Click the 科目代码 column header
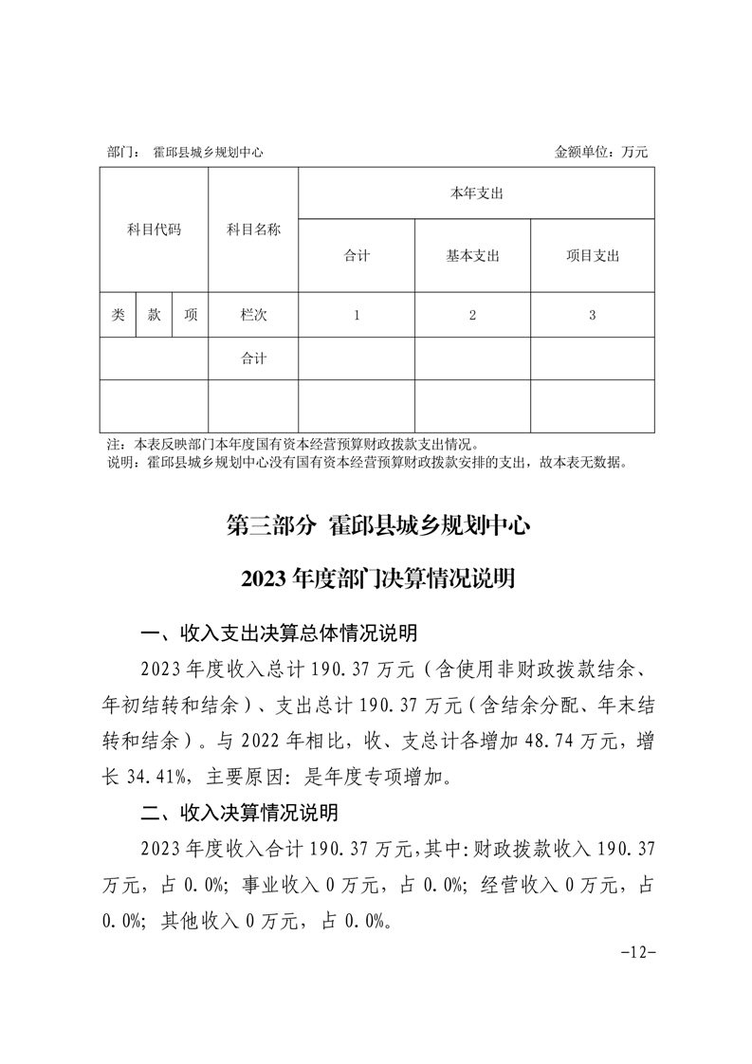tap(154, 229)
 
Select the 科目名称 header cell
tap(253, 229)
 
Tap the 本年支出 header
tap(476, 193)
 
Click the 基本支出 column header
tap(472, 256)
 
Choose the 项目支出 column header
tap(592, 256)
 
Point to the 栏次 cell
tap(253, 316)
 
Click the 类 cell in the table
tap(118, 316)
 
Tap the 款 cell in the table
tap(154, 316)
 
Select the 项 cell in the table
tap(191, 316)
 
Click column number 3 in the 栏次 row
tap(592, 316)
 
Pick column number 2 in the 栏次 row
tap(472, 316)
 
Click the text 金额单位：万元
tap(601, 152)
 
